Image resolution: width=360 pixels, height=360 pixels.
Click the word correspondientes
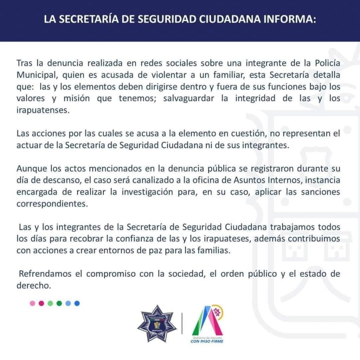pos(51,204)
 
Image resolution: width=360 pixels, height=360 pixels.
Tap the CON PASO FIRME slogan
pos(207,341)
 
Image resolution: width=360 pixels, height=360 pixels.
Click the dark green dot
pos(59,303)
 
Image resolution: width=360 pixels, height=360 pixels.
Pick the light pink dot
pos(32,303)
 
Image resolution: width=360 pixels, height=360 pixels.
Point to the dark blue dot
pos(77,303)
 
